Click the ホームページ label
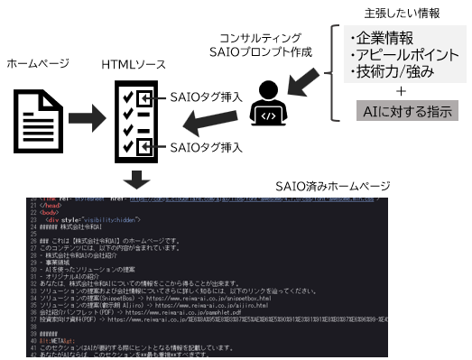pyautogui.click(x=38, y=65)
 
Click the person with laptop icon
pyautogui.click(x=269, y=104)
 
